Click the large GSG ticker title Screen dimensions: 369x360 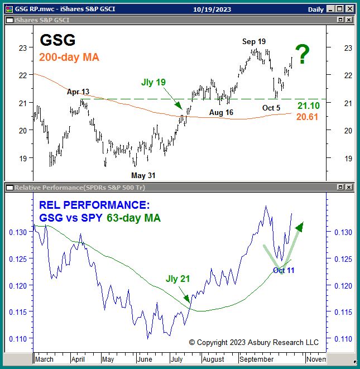coord(57,41)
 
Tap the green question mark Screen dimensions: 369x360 coord(302,55)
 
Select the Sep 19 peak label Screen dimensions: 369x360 coord(254,42)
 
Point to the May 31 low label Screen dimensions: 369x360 coord(143,175)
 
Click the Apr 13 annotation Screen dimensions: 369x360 coord(78,92)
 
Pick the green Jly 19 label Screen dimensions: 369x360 coord(153,82)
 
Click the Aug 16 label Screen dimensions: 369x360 coord(222,113)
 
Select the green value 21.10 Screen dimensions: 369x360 coord(308,106)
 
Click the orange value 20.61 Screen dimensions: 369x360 coord(308,116)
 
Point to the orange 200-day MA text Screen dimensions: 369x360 coord(69,57)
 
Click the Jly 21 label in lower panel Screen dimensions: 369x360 coord(178,279)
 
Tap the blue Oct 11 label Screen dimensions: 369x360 coord(284,270)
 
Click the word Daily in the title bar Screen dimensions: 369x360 coord(316,9)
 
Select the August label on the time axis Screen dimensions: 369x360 coord(214,360)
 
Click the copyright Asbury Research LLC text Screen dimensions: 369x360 coord(253,342)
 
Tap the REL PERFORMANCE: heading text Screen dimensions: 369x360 coord(94,204)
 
